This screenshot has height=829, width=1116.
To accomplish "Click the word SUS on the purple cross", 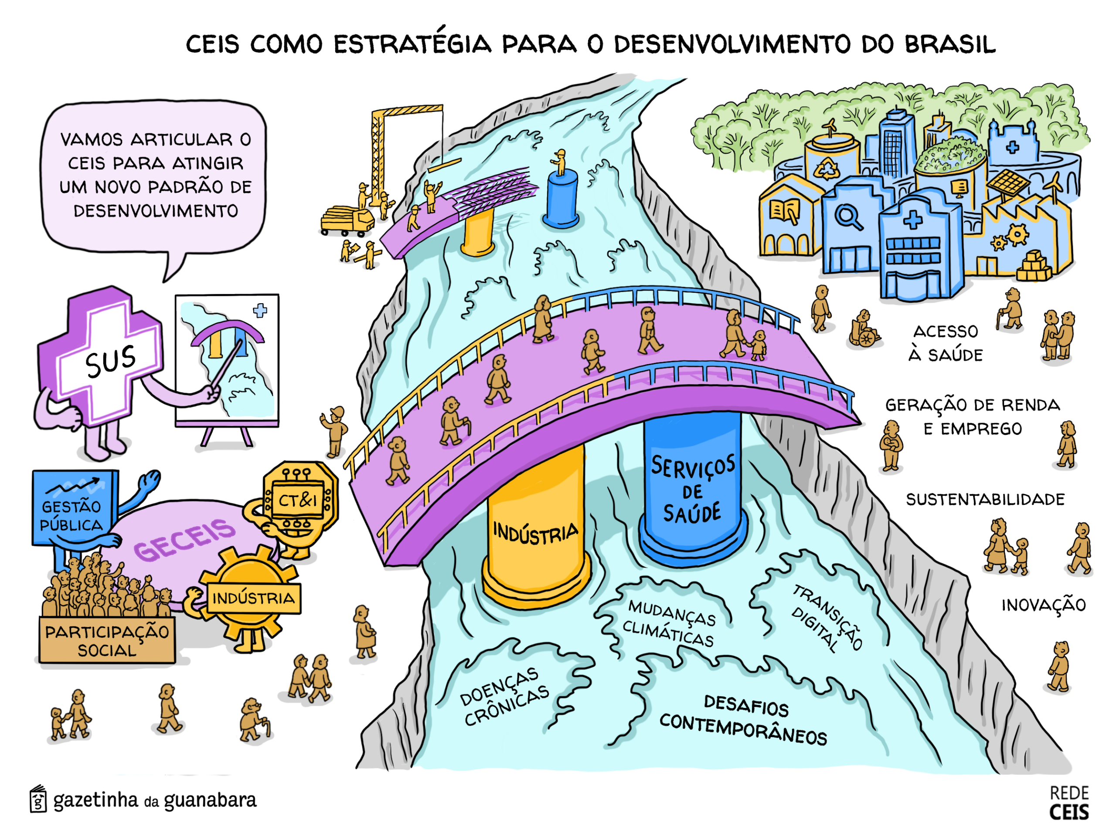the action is (110, 360).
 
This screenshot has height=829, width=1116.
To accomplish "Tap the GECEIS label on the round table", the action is (184, 539).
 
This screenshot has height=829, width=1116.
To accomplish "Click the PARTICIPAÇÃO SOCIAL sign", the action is (107, 640).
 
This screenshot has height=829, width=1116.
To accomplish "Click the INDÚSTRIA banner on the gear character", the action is (254, 598).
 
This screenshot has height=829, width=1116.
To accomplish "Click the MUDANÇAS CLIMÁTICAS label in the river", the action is (670, 624).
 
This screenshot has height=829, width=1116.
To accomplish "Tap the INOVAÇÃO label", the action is (1043, 605).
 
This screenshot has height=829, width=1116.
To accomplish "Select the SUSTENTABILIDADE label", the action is (985, 499).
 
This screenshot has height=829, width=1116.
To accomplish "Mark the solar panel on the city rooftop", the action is (1007, 183).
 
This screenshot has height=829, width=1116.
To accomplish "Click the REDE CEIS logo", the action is (1069, 803).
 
